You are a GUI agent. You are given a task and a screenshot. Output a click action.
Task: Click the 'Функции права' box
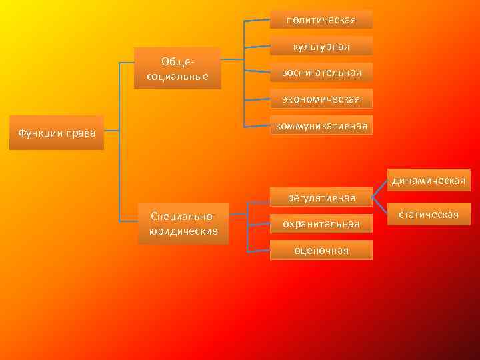pyautogui.click(x=57, y=133)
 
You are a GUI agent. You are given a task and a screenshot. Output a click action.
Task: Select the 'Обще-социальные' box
pyautogui.click(x=177, y=69)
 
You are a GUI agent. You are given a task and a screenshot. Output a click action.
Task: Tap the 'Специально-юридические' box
pyautogui.click(x=183, y=223)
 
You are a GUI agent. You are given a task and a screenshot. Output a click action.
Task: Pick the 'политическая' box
pyautogui.click(x=321, y=19)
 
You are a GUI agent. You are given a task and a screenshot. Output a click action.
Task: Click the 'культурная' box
pyautogui.click(x=321, y=46)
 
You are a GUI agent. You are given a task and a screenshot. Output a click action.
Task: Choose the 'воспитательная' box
pyautogui.click(x=321, y=72)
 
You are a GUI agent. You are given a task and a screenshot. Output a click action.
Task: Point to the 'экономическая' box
pyautogui.click(x=321, y=99)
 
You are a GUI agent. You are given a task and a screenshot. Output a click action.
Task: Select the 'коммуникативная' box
pyautogui.click(x=321, y=125)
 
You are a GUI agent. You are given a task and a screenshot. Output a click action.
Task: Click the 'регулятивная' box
pyautogui.click(x=321, y=197)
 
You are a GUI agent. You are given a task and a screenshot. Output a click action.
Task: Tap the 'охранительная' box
pyautogui.click(x=321, y=224)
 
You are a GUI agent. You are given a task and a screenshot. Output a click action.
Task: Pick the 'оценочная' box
pyautogui.click(x=321, y=250)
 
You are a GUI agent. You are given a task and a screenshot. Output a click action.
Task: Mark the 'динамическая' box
pyautogui.click(x=429, y=180)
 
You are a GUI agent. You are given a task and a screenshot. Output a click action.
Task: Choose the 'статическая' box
pyautogui.click(x=429, y=214)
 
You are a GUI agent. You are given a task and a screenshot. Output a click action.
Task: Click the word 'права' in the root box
pyautogui.click(x=81, y=133)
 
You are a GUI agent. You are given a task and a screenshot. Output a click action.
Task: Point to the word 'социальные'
pyautogui.click(x=177, y=76)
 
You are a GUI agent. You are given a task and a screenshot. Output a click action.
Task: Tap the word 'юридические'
pyautogui.click(x=183, y=231)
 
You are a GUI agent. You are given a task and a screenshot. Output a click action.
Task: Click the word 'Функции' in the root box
pyautogui.click(x=41, y=133)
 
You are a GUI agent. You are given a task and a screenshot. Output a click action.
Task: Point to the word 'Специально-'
pyautogui.click(x=183, y=217)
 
